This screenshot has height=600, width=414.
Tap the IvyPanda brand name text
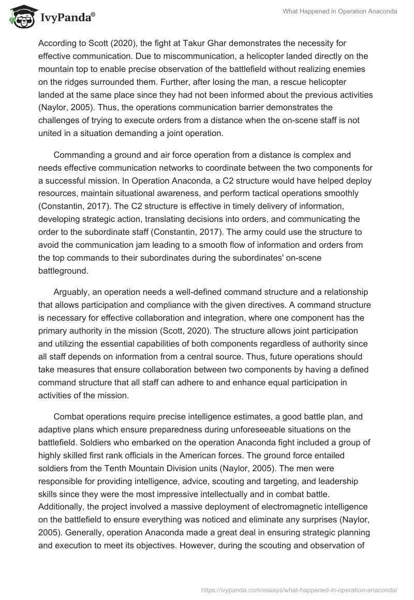67,19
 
